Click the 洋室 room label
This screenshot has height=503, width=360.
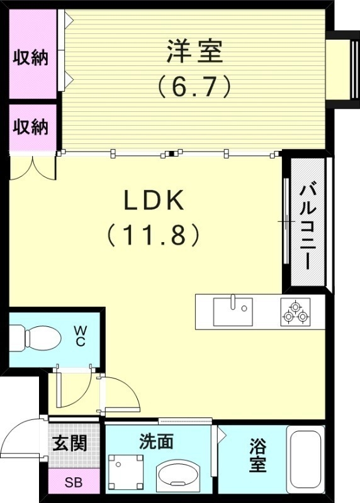tap(194, 52)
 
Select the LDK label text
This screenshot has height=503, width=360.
tap(154, 201)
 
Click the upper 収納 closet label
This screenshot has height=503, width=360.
tap(31, 58)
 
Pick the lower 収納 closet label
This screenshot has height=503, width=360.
tap(31, 127)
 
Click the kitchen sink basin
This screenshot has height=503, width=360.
tap(232, 310)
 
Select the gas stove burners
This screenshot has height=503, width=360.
tap(296, 312)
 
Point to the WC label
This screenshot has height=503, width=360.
tap(81, 335)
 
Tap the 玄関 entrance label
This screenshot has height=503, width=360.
tap(69, 444)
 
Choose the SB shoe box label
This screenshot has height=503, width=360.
tap(74, 484)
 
